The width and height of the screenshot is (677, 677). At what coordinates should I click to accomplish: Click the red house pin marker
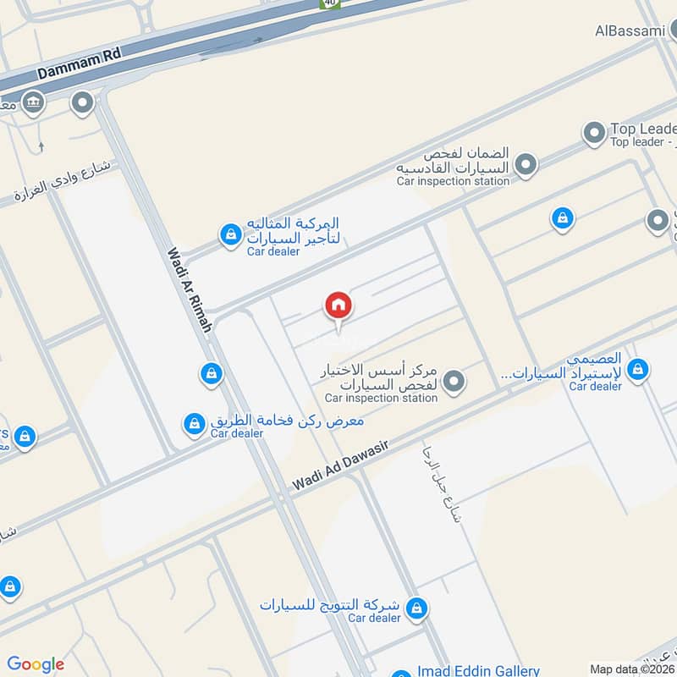(x=338, y=306)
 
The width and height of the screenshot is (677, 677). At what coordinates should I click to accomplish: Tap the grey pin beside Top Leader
(x=593, y=133)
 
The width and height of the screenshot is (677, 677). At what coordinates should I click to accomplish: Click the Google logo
(x=36, y=664)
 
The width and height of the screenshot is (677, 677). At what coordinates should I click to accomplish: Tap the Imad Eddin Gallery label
(x=478, y=670)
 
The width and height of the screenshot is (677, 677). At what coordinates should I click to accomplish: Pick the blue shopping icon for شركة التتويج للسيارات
(x=416, y=608)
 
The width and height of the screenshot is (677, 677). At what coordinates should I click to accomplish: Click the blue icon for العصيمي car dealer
(x=638, y=368)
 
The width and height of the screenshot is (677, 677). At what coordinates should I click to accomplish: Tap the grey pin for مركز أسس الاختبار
(x=454, y=382)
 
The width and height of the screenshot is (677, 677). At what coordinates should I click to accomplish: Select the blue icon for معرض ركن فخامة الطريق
(x=195, y=422)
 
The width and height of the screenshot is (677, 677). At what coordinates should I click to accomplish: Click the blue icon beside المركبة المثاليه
(x=229, y=235)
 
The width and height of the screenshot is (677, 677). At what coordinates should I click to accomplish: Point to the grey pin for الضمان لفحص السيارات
(x=526, y=164)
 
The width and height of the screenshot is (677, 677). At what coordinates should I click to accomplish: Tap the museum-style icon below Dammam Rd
(x=33, y=104)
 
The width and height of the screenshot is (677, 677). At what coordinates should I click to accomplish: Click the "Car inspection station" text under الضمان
(x=453, y=181)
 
